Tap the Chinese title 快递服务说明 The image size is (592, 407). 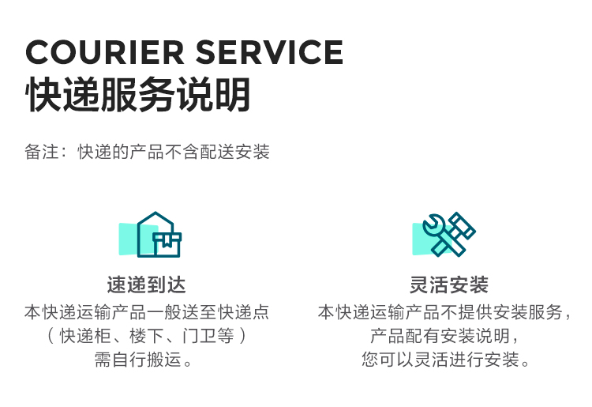(138, 95)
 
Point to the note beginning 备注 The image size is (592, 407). (147, 152)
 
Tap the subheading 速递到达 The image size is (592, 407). (147, 285)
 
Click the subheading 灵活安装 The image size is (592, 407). (449, 285)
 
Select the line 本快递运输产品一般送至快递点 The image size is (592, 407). (147, 312)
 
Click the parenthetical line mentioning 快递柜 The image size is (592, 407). (147, 336)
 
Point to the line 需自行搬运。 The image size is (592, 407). (147, 360)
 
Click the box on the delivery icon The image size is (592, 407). (167, 244)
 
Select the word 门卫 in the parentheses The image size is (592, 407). (197, 336)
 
